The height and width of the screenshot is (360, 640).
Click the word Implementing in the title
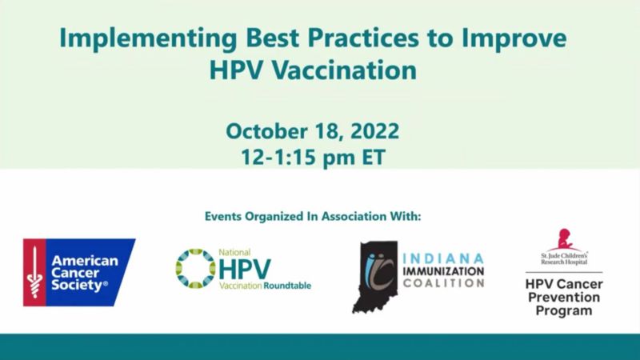point(148,38)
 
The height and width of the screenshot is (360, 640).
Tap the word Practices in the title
point(363,38)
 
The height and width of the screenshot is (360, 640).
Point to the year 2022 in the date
point(374,131)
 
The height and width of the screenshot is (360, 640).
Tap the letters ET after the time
point(374,157)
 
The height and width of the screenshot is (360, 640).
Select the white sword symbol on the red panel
point(34,272)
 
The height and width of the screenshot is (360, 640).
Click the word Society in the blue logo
point(77,286)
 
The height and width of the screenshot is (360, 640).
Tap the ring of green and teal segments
point(195,269)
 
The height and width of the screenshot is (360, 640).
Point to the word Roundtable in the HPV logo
point(287,286)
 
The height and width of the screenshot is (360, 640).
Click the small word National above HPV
point(234,252)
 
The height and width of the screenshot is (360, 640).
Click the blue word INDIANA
point(443,258)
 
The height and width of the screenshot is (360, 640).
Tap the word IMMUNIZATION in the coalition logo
point(443,271)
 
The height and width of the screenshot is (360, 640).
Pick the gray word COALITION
point(443,283)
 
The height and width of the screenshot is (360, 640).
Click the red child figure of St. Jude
point(565,240)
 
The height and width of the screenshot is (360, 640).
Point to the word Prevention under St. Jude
point(564,297)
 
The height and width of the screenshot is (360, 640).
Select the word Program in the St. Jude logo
point(564,310)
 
